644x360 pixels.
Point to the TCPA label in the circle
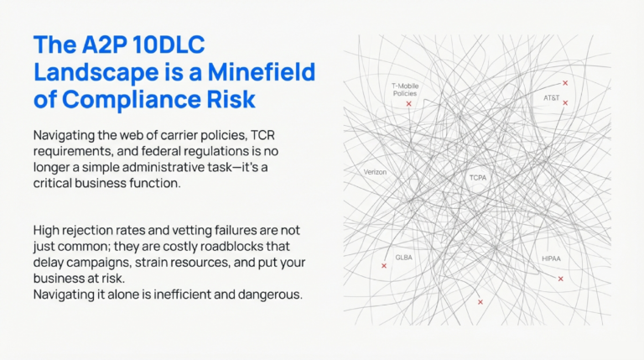(x=478, y=178)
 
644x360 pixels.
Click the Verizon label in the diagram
(x=375, y=171)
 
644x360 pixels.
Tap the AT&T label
(x=551, y=98)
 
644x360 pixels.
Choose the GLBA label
(x=404, y=257)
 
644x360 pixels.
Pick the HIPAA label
(x=551, y=258)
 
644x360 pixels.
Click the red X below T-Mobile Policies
(x=408, y=104)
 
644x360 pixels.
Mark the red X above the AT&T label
(x=565, y=83)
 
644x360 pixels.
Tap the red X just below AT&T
(x=565, y=103)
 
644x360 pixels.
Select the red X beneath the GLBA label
(x=384, y=266)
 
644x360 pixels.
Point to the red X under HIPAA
(x=560, y=279)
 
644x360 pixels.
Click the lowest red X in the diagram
(x=480, y=301)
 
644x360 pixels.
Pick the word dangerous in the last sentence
(x=267, y=294)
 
